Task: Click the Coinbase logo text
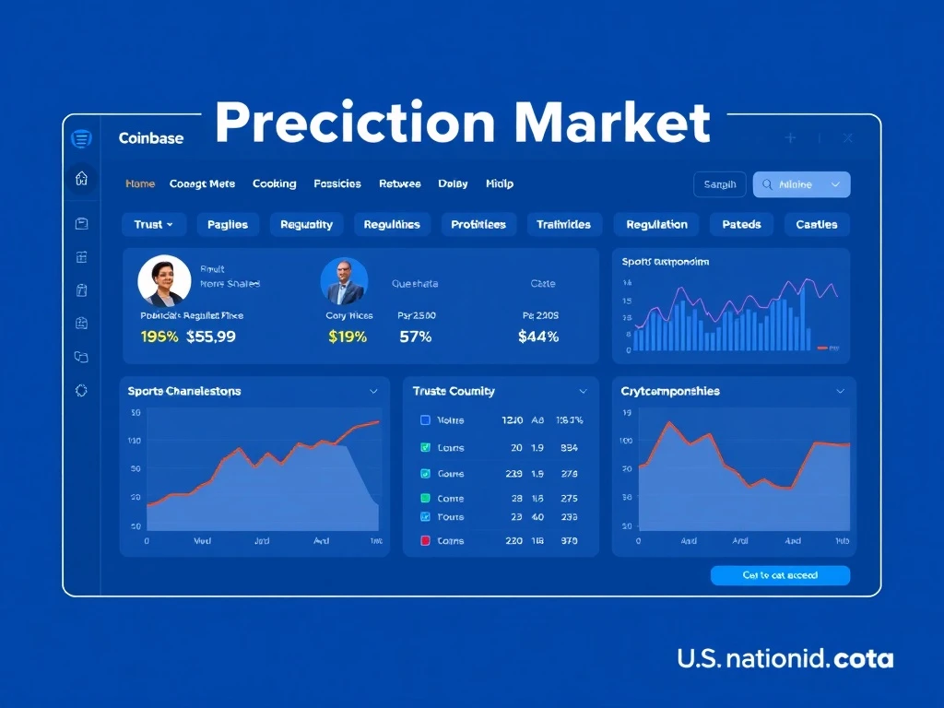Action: (151, 138)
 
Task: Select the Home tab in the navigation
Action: (140, 183)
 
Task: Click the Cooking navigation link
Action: (275, 183)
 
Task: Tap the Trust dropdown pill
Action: (153, 224)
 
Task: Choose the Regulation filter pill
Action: (656, 224)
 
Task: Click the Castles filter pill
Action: (816, 224)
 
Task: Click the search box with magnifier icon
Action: (801, 184)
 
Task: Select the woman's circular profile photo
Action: (164, 281)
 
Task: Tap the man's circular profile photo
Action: (344, 281)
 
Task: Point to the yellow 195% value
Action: (159, 336)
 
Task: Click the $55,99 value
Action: (211, 336)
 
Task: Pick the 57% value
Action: (415, 336)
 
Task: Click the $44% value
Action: (538, 336)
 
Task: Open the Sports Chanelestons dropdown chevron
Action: (373, 391)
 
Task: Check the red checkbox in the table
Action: (425, 541)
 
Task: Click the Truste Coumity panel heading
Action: (454, 391)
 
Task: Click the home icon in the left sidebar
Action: (81, 178)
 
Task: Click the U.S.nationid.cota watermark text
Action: (785, 659)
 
